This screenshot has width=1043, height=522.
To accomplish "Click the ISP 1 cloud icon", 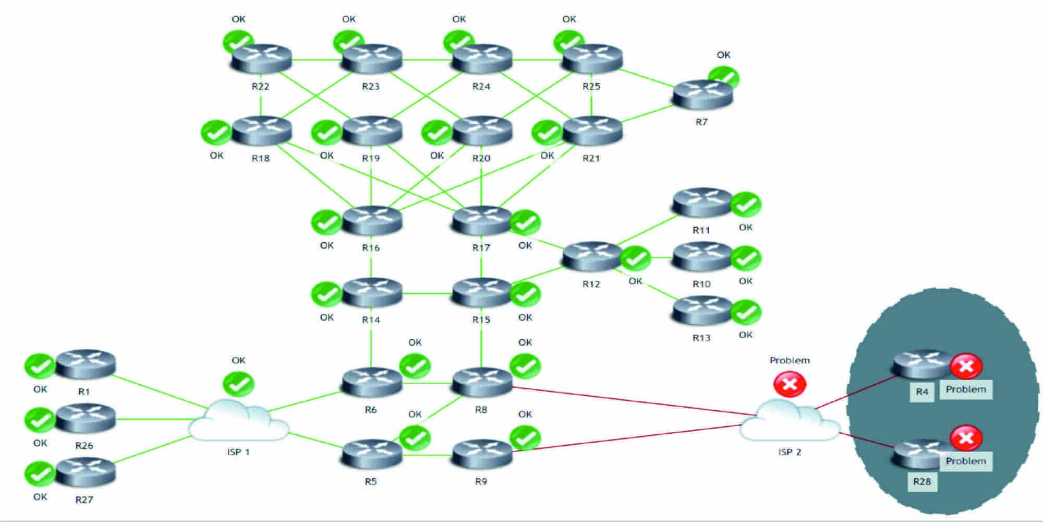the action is pos(239,420).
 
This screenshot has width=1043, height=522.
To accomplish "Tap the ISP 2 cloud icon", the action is pos(790,420).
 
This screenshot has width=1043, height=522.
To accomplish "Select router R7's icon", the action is pos(702,95).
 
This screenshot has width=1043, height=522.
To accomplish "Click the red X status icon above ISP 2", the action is pos(790,384).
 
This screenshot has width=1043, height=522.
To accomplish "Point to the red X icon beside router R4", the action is pos(966,366).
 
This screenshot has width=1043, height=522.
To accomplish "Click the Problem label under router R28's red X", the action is pos(966,461).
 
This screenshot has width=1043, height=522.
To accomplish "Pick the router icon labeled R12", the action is pos(592,256).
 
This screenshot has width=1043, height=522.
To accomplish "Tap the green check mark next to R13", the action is pos(746,312).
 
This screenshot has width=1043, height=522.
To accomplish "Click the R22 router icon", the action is pos(261,58).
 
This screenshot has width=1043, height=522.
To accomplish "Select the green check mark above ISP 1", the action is pos(238,384).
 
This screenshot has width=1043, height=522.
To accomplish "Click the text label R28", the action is pos(922,481).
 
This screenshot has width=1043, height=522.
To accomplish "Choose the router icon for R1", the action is pos(85,364).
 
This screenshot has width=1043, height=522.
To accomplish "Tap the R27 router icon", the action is pos(85,472).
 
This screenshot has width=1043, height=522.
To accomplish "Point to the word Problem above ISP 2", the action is pos(790,360).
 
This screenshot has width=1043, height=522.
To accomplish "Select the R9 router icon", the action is pos(482,454).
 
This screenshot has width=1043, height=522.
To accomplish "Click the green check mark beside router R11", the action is pos(746,205).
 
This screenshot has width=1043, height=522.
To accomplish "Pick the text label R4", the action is pos(922,391).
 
